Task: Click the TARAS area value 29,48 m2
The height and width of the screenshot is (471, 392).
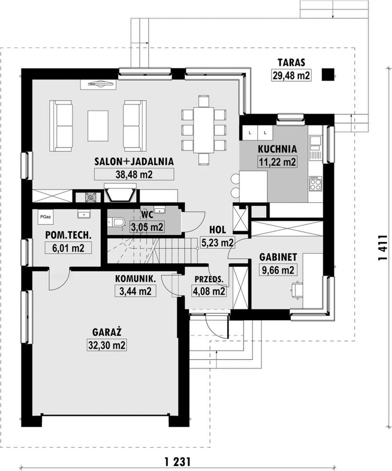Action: [291, 75]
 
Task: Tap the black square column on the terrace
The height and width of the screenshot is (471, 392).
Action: [328, 75]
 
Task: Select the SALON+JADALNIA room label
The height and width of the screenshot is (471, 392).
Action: [134, 161]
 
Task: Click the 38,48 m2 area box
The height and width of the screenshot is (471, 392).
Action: [134, 174]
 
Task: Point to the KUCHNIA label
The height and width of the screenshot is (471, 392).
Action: [277, 149]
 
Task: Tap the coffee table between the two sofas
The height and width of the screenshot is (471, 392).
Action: [98, 126]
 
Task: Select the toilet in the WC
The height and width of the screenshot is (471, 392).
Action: [117, 222]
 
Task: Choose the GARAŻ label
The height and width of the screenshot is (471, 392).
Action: [107, 332]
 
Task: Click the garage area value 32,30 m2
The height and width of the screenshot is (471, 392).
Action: [107, 345]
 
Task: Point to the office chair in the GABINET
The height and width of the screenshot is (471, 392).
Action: [296, 289]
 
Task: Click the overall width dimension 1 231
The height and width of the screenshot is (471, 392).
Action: [177, 461]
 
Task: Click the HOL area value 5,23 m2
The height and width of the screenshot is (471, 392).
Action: [217, 243]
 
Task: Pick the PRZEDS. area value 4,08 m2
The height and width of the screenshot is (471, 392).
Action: [209, 291]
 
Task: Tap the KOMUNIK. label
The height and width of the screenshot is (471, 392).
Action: [136, 279]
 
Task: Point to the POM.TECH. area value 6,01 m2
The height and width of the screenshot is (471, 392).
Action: [68, 248]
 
